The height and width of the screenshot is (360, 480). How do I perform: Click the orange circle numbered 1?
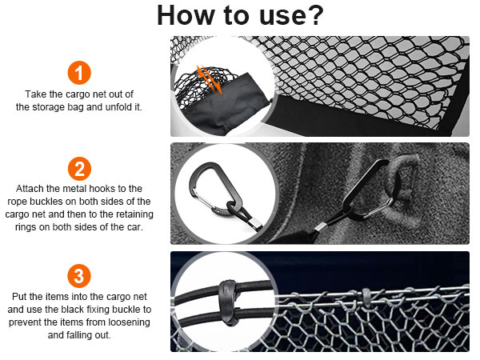pyautogui.click(x=79, y=73)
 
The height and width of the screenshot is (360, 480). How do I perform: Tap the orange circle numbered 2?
pyautogui.click(x=79, y=169)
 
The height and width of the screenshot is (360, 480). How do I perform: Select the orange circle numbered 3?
pyautogui.click(x=79, y=276)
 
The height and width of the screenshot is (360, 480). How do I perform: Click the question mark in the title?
pyautogui.click(x=314, y=15)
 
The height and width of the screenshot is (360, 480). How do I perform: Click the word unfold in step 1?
pyautogui.click(x=118, y=107)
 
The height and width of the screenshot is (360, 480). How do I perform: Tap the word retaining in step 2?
pyautogui.click(x=133, y=214)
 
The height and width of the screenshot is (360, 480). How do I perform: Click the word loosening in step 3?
pyautogui.click(x=129, y=322)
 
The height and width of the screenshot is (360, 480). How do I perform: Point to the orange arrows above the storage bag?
pyautogui.click(x=210, y=79)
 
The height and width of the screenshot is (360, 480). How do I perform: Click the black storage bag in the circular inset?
pyautogui.click(x=226, y=104)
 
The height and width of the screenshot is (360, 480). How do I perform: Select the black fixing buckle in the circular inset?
pyautogui.click(x=229, y=302)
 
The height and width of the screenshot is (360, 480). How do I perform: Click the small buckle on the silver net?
pyautogui.click(x=366, y=297)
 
